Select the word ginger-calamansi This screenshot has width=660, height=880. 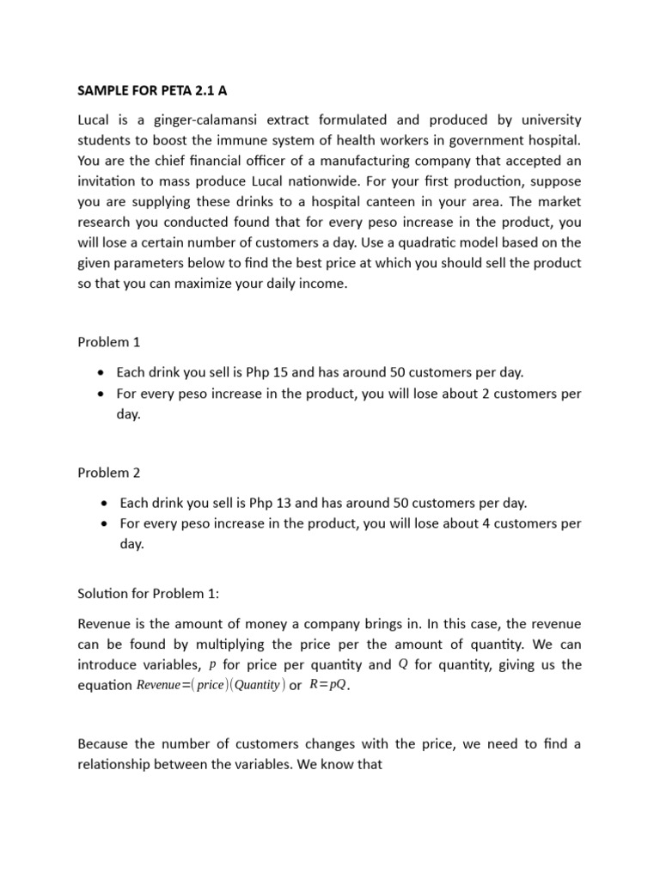[x=187, y=119]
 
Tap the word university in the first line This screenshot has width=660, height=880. [x=547, y=119]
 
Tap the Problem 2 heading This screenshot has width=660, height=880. [x=108, y=473]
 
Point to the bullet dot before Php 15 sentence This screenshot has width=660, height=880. [x=102, y=373]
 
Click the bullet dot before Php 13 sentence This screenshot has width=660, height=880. [x=102, y=504]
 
